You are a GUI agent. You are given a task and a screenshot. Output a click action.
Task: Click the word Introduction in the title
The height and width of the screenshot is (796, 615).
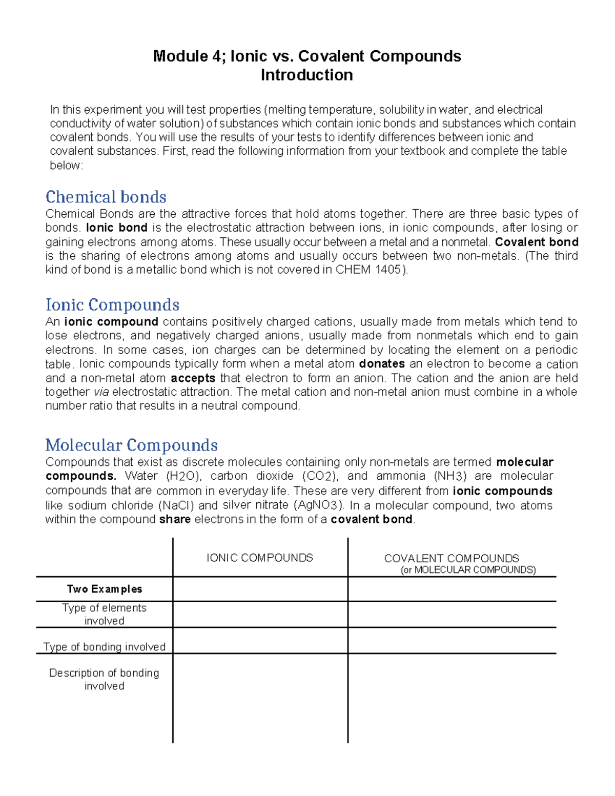(x=306, y=75)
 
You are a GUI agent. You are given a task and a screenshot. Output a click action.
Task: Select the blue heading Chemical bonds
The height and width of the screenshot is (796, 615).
(x=106, y=197)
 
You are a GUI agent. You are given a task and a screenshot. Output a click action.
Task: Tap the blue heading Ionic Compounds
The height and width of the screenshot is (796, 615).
(x=112, y=304)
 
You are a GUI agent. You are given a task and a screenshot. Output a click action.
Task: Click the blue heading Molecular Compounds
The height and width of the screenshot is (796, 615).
(x=131, y=444)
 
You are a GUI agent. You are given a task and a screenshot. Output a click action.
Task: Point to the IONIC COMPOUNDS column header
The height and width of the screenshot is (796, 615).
(x=259, y=558)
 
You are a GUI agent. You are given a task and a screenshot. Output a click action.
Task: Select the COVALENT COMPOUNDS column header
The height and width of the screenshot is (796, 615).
(x=451, y=558)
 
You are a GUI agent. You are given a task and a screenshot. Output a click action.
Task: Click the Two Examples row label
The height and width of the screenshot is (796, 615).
(x=105, y=589)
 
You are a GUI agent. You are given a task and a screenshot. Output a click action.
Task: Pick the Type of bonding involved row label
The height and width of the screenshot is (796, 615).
(x=105, y=646)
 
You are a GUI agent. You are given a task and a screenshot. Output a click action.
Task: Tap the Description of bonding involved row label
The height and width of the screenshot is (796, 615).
(x=104, y=679)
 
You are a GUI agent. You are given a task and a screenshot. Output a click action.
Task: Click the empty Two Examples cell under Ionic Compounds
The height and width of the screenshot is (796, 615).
(x=260, y=589)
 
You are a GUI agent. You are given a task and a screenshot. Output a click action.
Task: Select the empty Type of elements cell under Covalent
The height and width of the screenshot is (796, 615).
(x=452, y=614)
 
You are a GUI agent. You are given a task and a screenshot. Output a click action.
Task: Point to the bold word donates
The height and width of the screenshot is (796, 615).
(x=382, y=364)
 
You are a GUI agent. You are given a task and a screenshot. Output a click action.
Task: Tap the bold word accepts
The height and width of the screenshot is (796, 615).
(x=193, y=378)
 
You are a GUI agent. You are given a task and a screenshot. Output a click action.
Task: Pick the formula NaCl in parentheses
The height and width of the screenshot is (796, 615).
(x=176, y=505)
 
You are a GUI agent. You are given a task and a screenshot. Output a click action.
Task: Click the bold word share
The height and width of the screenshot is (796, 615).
(x=175, y=519)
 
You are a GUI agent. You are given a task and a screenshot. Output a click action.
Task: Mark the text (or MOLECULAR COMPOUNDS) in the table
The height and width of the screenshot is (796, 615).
(x=468, y=570)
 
